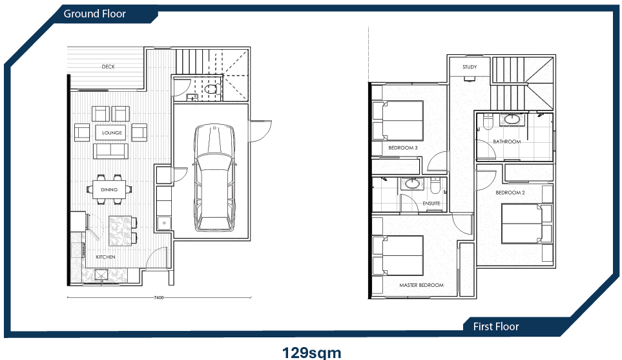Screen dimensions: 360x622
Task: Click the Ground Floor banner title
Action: [x=94, y=14]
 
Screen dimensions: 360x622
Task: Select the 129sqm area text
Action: [x=311, y=352]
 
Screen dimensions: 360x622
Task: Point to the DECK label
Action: [x=108, y=67]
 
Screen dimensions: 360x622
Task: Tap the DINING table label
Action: [x=109, y=189]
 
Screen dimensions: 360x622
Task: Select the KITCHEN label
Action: [x=105, y=257]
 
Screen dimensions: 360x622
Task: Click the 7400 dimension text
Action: [x=158, y=298]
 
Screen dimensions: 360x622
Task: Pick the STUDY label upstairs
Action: [x=470, y=67]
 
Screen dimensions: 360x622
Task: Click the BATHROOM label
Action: [x=506, y=142]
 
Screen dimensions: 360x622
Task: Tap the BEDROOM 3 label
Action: [x=402, y=148]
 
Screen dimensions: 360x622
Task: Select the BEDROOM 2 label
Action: [x=509, y=193]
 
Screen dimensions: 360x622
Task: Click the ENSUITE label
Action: [x=431, y=204]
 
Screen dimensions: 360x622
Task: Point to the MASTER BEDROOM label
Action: [x=421, y=285]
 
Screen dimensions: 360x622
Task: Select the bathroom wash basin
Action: [x=513, y=119]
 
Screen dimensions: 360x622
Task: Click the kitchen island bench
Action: [x=119, y=230]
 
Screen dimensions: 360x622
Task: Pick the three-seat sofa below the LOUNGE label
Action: [x=110, y=151]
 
